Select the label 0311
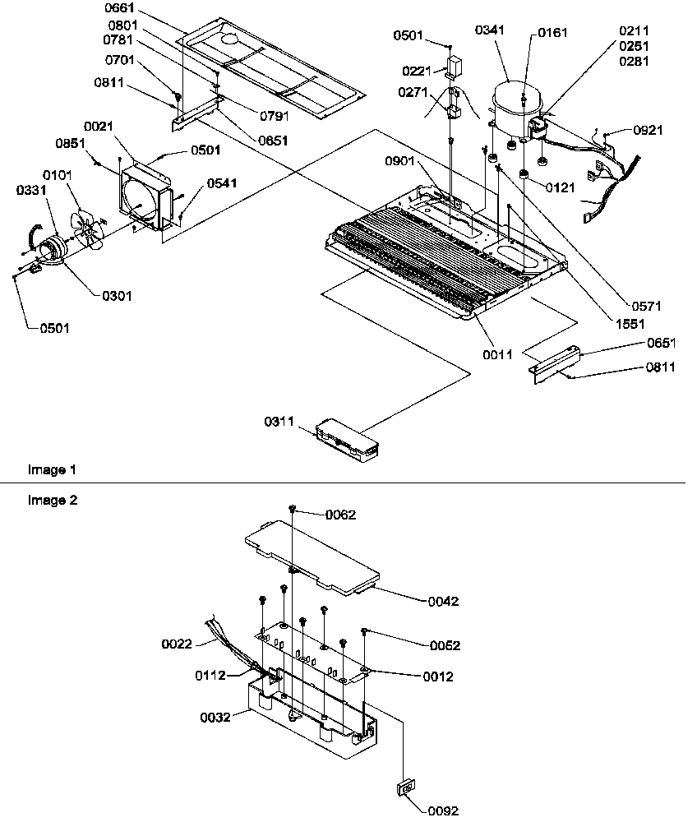click(278, 423)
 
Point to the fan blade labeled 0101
click(86, 229)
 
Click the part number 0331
click(30, 191)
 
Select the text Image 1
click(52, 470)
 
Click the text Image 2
click(52, 500)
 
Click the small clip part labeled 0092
click(404, 788)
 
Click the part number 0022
click(177, 644)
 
